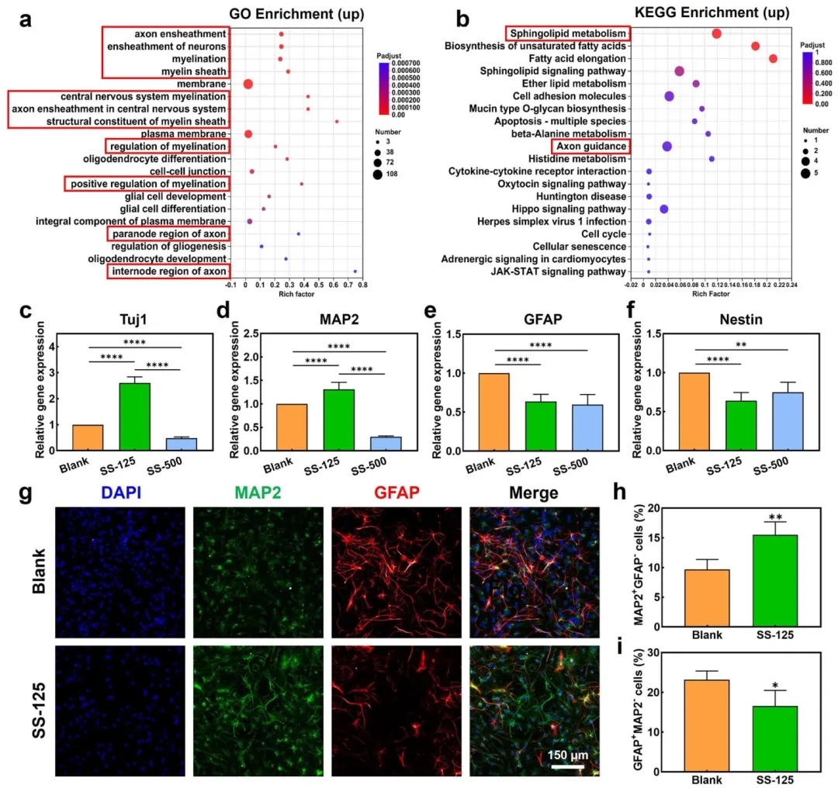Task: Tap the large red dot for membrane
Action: tap(248, 84)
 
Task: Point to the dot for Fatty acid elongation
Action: tap(773, 59)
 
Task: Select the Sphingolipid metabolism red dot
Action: tap(717, 33)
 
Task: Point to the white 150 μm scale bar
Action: tap(567, 767)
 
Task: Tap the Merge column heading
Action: tap(535, 492)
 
